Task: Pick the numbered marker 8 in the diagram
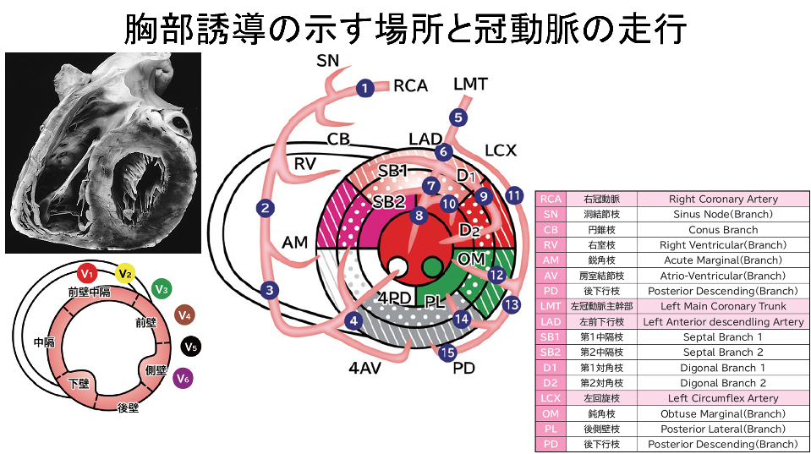[x=419, y=216]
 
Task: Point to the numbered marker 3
[x=270, y=291]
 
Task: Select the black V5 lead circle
[x=190, y=347]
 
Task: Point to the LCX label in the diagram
[x=501, y=150]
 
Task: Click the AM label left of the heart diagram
[x=295, y=243]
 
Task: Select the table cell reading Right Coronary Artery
[x=722, y=199]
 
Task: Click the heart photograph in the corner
[x=103, y=152]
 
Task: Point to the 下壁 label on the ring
[x=79, y=383]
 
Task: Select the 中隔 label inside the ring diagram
[x=44, y=343]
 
